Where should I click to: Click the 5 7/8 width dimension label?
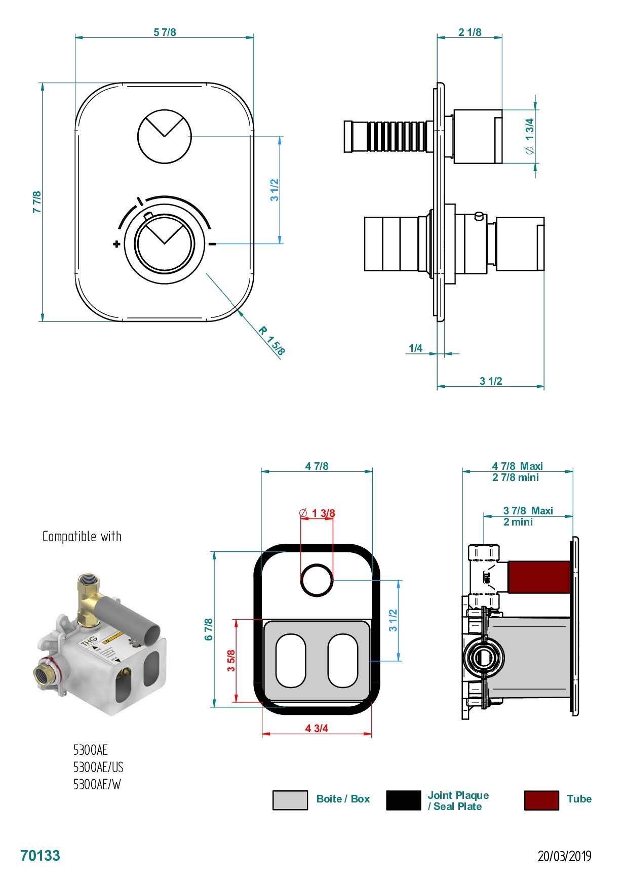click(165, 32)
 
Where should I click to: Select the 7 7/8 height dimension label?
click(37, 201)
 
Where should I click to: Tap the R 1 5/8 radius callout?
click(272, 341)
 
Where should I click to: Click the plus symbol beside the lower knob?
click(117, 245)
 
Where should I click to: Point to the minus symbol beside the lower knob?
click(213, 244)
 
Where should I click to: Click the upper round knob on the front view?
click(165, 136)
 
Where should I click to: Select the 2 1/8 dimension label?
click(470, 32)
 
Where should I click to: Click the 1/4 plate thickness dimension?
click(415, 348)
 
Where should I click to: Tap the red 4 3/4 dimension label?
click(317, 728)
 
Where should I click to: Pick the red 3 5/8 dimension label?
click(231, 660)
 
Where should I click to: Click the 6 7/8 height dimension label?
click(209, 629)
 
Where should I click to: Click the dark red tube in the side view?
click(538, 577)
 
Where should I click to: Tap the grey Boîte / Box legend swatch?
click(290, 800)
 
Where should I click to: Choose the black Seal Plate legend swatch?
click(403, 800)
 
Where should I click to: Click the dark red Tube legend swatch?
click(541, 800)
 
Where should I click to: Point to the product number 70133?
click(40, 856)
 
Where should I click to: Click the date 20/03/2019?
click(564, 856)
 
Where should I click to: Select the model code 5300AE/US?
click(98, 767)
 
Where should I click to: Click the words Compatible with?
click(82, 537)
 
